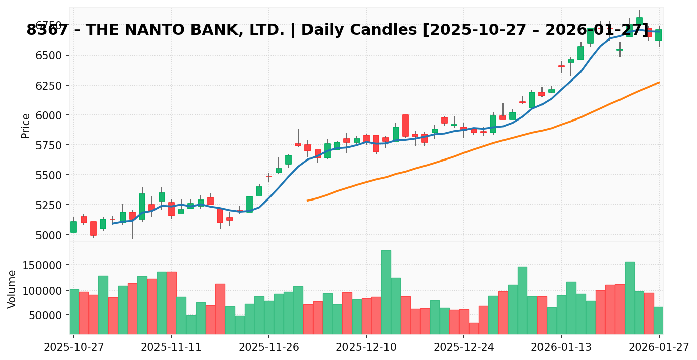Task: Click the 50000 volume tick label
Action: point(48,315)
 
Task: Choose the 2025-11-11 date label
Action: point(171,347)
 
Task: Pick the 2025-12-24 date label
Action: point(464,347)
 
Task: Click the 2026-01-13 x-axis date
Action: point(561,347)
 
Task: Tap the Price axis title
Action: point(26,126)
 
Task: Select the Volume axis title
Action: point(12,289)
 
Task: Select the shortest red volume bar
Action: point(474,328)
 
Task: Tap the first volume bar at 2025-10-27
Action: point(74,311)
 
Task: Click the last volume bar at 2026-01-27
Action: point(659,320)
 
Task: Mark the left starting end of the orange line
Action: point(307,201)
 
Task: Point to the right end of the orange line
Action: point(659,82)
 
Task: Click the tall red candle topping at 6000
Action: point(405,125)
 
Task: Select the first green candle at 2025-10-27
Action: point(74,227)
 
